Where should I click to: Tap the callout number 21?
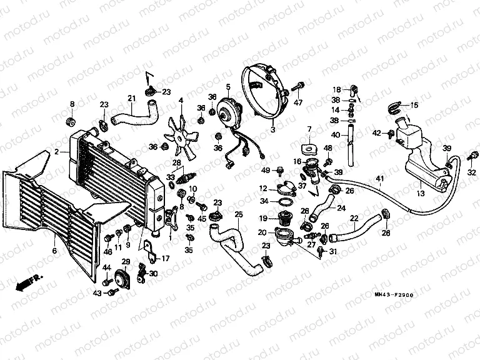pyautogui.click(x=131, y=97)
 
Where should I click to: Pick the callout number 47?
pyautogui.click(x=298, y=102)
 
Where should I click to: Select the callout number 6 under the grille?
pyautogui.click(x=54, y=251)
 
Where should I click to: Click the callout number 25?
pyautogui.click(x=238, y=214)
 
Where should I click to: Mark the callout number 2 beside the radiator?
pyautogui.click(x=57, y=151)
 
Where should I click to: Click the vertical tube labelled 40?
pyautogui.click(x=351, y=149)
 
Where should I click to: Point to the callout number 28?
pyautogui.click(x=176, y=163)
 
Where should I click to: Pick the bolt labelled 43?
pyautogui.click(x=112, y=291)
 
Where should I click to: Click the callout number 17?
pyautogui.click(x=166, y=258)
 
